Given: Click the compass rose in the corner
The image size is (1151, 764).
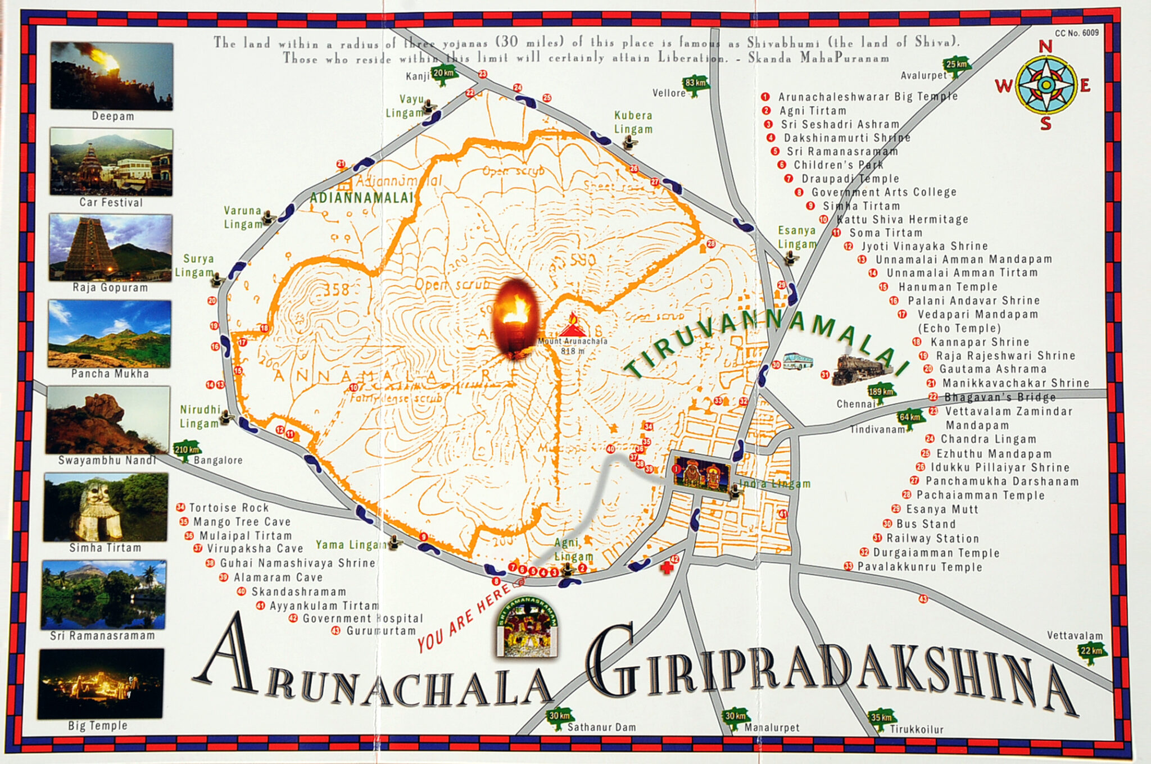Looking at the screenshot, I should tap(1045, 85).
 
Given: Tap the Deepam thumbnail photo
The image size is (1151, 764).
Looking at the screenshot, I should tap(111, 76).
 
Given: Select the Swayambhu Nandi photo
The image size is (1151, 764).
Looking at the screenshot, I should tap(108, 420).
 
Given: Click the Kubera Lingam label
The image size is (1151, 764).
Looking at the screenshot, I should tap(633, 122).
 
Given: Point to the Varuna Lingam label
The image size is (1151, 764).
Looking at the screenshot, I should tap(243, 217).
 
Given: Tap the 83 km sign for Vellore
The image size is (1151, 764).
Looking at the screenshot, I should tap(695, 83).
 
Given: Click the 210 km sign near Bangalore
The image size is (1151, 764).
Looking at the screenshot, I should tap(187, 449).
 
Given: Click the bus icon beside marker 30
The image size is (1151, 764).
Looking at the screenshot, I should tap(798, 361).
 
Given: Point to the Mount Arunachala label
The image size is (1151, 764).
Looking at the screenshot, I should tap(573, 341).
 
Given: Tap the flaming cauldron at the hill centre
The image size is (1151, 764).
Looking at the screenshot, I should tap(515, 317).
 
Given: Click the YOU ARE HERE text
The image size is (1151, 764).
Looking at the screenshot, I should tap(464, 618).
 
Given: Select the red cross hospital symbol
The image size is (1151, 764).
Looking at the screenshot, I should tap(667, 567).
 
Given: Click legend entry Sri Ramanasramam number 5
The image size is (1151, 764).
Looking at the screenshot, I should tap(841, 151).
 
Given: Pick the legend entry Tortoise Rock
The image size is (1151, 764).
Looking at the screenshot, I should tap(229, 507).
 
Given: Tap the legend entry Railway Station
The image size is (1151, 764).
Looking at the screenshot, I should tap(932, 538).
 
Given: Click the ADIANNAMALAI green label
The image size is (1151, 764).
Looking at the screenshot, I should tap(361, 198).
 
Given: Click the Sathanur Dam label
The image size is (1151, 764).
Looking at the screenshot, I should tap(601, 727).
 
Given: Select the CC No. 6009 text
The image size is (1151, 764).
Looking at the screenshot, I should tap(1076, 33).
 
